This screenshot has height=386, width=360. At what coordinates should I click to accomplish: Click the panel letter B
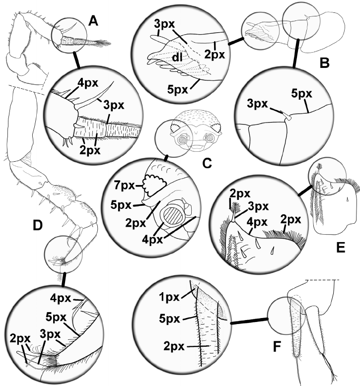[325, 63]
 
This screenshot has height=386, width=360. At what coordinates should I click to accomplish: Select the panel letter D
[37, 227]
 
